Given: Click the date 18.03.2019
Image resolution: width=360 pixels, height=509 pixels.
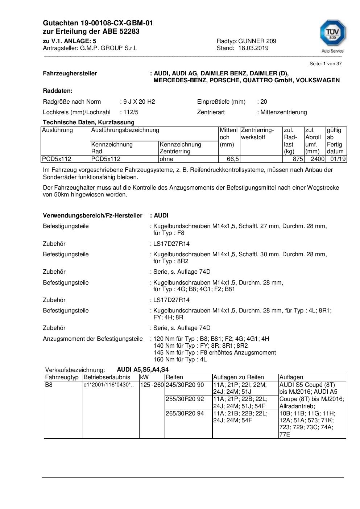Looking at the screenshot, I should (253, 48).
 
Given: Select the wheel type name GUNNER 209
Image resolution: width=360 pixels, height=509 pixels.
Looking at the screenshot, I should (257, 41).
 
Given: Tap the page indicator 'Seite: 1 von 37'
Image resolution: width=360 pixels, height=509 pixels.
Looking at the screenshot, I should (325, 63).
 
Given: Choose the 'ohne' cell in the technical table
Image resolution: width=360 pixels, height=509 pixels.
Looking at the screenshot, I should (166, 159).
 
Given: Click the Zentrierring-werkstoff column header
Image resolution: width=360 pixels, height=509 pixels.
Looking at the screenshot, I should (257, 133).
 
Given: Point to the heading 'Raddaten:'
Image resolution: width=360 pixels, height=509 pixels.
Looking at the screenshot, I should (58, 91).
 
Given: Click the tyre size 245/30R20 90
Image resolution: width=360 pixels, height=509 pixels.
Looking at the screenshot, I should (185, 385).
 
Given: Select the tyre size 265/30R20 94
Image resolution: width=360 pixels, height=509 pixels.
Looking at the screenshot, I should (185, 413).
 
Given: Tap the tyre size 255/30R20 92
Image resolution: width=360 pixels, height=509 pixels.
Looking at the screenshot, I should (185, 399).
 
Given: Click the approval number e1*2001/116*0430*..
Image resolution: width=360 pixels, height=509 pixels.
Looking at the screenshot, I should (108, 385).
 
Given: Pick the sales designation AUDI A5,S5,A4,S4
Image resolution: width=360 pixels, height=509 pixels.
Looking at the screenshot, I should (142, 370).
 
